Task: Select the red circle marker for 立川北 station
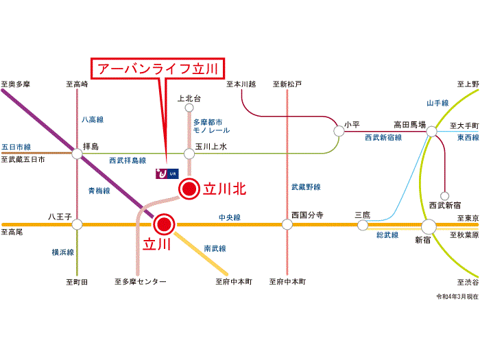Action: [x=189, y=189]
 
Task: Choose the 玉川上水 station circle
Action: [x=189, y=154]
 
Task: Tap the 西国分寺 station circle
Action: [x=287, y=224]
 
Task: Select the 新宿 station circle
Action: [x=429, y=226]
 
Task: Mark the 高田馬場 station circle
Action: [x=431, y=131]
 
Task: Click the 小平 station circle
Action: [x=338, y=130]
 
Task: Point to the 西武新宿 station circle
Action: [x=444, y=195]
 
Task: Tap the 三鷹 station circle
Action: [x=363, y=224]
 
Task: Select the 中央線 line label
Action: [x=230, y=217]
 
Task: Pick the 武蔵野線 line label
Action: [x=306, y=187]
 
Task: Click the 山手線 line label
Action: [x=437, y=103]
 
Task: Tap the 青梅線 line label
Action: [x=98, y=191]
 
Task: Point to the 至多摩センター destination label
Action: [x=140, y=282]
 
